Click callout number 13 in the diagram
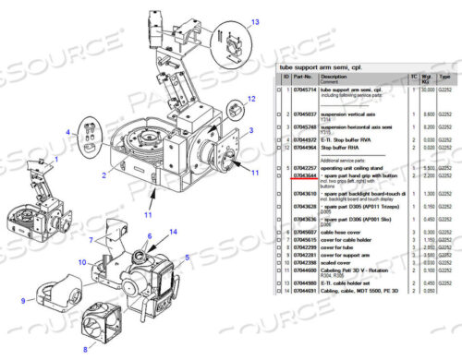[x=256, y=21]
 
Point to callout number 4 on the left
[x=67, y=133]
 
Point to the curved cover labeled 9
[x=55, y=294]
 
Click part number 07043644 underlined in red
[x=306, y=174]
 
